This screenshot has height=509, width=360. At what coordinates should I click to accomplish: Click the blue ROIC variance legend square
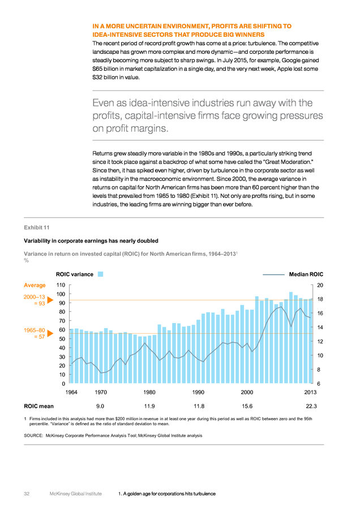(100, 274)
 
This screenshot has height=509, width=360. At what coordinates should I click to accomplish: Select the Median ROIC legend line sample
(273, 275)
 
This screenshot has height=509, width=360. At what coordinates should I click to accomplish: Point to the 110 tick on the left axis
(61, 285)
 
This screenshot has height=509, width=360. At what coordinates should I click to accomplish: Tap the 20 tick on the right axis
(320, 285)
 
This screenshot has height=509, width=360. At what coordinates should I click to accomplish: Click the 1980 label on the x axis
(149, 392)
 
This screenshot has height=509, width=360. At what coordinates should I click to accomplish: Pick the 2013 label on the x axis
(310, 392)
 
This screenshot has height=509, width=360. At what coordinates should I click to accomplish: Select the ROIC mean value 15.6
(247, 406)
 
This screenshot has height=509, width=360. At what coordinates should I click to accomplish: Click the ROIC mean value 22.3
(311, 406)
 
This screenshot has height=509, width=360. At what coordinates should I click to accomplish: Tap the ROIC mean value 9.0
(100, 406)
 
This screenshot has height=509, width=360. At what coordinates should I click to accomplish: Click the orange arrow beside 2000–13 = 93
(50, 300)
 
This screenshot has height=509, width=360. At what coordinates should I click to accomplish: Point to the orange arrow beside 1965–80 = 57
(50, 333)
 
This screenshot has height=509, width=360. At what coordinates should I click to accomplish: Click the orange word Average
(35, 285)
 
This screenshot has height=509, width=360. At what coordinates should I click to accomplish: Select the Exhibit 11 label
(37, 227)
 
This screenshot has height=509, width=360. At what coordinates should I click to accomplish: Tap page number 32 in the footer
(27, 494)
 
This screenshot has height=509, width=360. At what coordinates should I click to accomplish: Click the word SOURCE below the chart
(33, 435)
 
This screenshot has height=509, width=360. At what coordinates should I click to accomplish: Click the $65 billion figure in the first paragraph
(106, 69)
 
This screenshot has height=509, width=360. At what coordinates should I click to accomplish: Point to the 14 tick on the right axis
(320, 327)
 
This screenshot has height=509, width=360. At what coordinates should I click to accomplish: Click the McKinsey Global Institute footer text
(76, 494)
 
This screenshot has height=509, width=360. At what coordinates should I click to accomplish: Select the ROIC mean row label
(38, 406)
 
